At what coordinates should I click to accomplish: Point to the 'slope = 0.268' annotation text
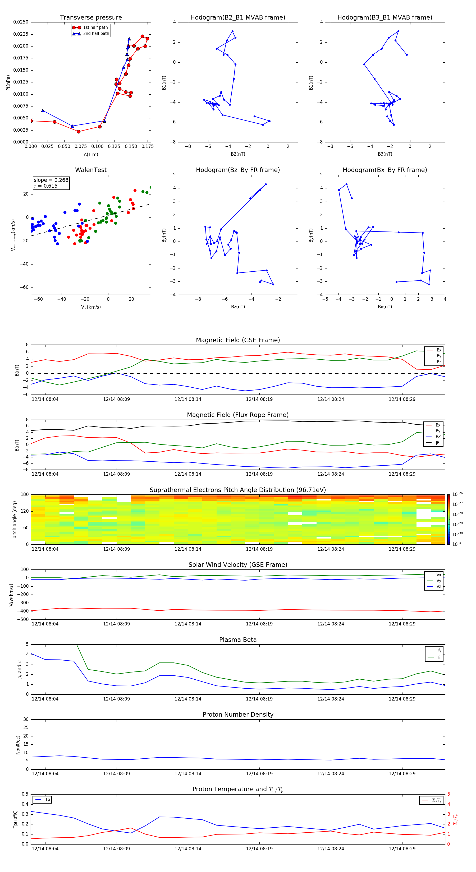click(x=51, y=180)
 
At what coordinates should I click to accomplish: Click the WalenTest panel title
click(x=91, y=170)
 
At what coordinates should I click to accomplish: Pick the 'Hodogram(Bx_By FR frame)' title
click(x=385, y=170)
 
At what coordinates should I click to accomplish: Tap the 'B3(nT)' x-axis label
click(x=385, y=154)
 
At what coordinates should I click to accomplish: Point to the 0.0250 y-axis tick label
click(x=21, y=22)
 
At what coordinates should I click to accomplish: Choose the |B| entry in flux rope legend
click(x=438, y=443)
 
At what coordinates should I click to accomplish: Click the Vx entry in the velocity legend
click(x=438, y=575)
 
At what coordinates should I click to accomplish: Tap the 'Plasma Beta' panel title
click(x=238, y=640)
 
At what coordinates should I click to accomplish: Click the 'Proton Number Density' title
click(x=238, y=715)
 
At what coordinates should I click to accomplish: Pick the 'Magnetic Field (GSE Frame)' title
click(x=238, y=340)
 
